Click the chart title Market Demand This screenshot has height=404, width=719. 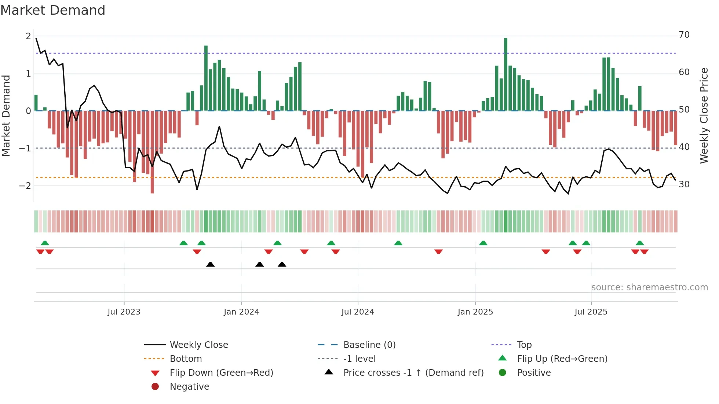coord(53,10)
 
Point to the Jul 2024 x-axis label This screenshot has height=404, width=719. coord(358,312)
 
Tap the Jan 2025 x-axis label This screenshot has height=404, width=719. coord(475,312)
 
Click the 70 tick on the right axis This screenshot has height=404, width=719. coord(684,35)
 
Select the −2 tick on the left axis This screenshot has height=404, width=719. coord(25,186)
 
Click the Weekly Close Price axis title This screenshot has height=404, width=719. coord(704,115)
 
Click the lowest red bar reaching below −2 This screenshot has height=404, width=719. coord(152,152)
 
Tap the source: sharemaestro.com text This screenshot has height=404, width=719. coord(649,287)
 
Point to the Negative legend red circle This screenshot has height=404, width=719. coord(155,387)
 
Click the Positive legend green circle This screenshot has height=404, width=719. coord(503,373)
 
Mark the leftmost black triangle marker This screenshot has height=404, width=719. coord(210,264)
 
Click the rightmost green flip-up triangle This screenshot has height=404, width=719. coord(640,243)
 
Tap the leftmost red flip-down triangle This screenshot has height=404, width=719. coord(40,251)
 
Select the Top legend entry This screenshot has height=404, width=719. coord(524,345)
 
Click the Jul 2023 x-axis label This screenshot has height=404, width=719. coord(124,312)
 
